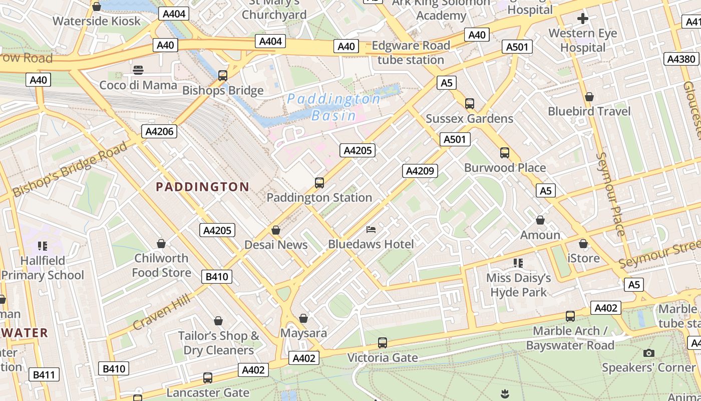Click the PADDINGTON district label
coord(202,187)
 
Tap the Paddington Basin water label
coord(334,107)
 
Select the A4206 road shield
coord(160,132)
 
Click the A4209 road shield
coord(420,171)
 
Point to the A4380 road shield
coord(681,59)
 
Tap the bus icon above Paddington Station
coord(319,183)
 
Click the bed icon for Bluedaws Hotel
coord(371,230)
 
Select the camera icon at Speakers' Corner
coord(648,353)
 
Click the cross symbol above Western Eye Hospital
coord(583,19)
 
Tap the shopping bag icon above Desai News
coord(275,230)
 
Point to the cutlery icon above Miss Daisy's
coord(518,263)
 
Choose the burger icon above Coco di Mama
coord(138,70)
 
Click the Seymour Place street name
coord(611,194)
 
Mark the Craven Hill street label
coord(162,312)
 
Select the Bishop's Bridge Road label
coord(70,169)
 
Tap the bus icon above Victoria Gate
coord(383,343)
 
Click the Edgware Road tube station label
coord(411,53)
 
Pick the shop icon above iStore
coord(583,244)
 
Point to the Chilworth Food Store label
coord(161,265)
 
